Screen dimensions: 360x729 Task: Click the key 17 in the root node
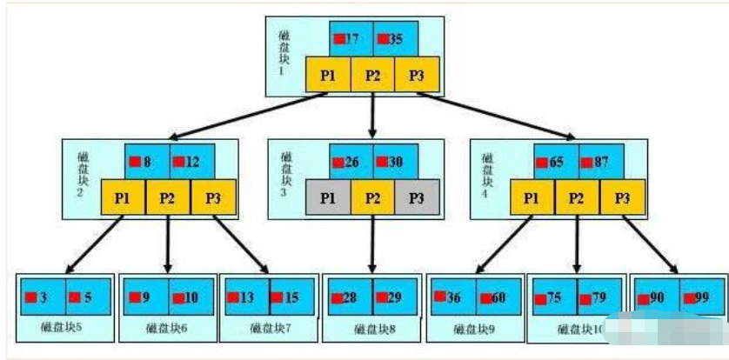[351, 39]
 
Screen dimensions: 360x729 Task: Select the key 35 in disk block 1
[395, 39]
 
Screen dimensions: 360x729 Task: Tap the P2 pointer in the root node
[372, 75]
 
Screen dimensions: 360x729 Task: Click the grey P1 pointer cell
[328, 197]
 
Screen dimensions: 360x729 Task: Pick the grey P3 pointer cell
[418, 197]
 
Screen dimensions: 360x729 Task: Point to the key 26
[351, 162]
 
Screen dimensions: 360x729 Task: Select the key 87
[599, 162]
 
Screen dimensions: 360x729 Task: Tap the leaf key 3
[42, 297]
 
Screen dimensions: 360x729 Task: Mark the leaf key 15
[291, 297]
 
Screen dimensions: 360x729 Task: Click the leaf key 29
[394, 297]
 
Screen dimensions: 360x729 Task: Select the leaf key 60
[497, 297]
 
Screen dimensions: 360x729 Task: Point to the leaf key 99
[701, 297]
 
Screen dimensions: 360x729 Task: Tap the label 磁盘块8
[372, 329]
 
